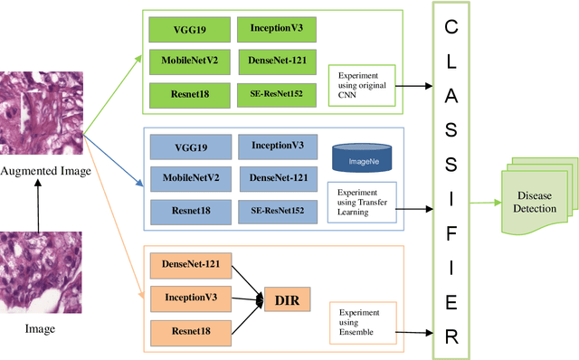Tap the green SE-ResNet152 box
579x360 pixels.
click(x=277, y=94)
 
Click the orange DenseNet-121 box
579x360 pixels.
click(x=190, y=264)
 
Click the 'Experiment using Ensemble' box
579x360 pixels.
click(x=363, y=324)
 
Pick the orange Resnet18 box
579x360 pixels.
click(x=190, y=330)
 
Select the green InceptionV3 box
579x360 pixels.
click(x=277, y=30)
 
